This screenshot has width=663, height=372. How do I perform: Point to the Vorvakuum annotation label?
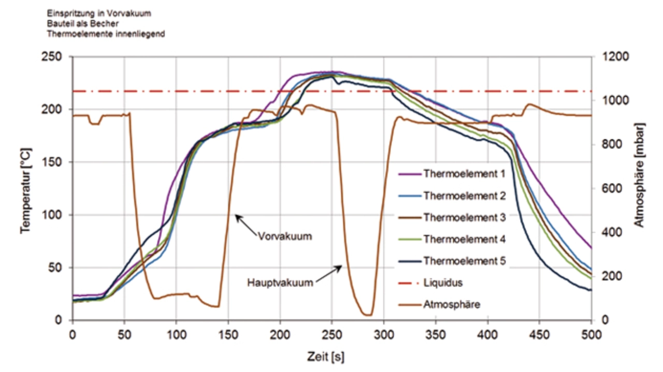coord(285,236)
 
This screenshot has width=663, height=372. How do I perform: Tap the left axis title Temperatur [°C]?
coord(25,190)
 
